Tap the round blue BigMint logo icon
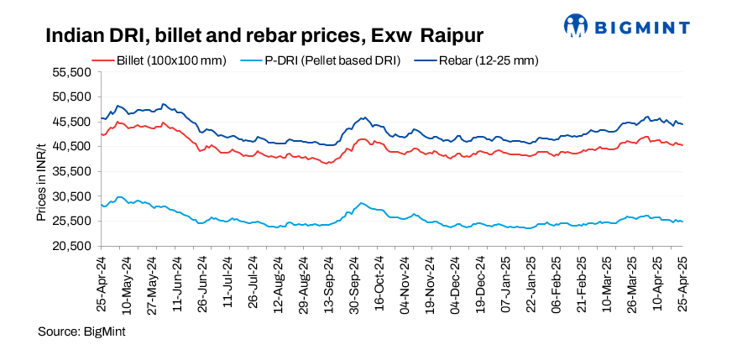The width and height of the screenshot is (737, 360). pyautogui.click(x=577, y=26)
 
